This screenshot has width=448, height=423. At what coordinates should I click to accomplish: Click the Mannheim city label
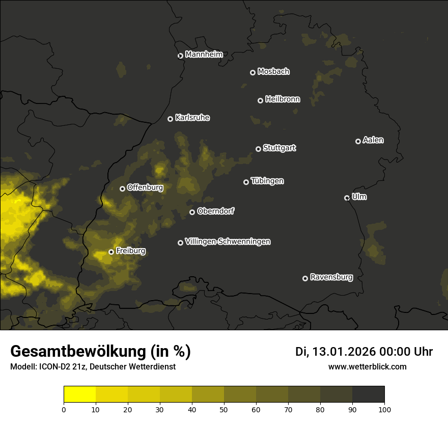(204, 55)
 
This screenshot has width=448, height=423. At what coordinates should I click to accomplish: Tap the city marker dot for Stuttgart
(258, 149)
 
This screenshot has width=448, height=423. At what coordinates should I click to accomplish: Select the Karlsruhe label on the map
(192, 118)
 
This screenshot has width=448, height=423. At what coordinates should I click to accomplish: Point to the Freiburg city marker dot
(111, 252)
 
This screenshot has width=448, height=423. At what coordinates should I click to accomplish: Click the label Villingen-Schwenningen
(228, 242)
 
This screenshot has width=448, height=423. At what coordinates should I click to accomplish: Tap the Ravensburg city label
(331, 277)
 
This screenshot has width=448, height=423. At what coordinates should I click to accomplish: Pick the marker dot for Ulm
(347, 198)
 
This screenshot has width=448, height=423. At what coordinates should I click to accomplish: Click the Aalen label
(373, 140)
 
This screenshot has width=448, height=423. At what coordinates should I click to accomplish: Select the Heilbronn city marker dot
(260, 100)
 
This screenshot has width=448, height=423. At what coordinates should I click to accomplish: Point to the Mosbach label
(273, 71)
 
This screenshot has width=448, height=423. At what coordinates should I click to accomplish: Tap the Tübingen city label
(267, 181)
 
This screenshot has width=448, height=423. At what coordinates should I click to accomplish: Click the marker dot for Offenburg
(122, 189)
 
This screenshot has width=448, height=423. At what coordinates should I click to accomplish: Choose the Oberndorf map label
(215, 211)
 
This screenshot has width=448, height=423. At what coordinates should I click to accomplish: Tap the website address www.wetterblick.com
(367, 366)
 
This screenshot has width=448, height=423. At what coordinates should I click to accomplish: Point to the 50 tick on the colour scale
(224, 409)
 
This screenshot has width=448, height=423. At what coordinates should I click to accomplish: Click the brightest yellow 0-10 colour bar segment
(80, 394)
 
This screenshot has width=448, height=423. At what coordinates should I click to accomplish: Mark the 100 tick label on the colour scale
(384, 409)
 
